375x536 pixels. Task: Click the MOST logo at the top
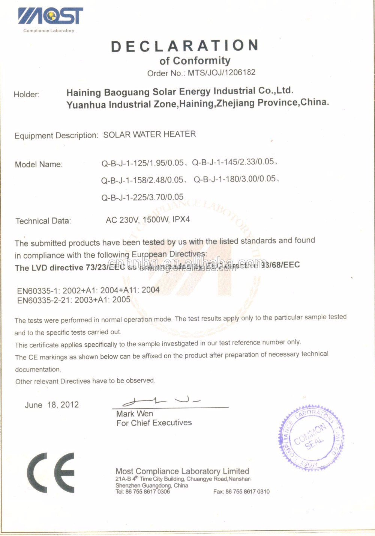coord(50,17)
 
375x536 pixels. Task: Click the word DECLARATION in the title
coord(184,46)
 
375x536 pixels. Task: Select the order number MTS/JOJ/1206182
coord(221,72)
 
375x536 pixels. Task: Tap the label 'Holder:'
coord(27,94)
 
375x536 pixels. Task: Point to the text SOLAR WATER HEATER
coord(149,134)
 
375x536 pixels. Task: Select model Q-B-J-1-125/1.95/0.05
coord(142,163)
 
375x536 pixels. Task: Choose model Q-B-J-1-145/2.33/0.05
coord(233,162)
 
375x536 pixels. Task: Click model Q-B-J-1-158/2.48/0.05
coord(142,180)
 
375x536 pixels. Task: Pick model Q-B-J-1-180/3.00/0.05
coord(235,179)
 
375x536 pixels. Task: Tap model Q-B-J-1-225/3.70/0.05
coord(142,197)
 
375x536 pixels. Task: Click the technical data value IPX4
coord(181,219)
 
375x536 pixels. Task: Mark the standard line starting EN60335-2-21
coord(74,300)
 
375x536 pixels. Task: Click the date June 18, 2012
coord(52,405)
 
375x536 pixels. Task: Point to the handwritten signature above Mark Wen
coord(161,401)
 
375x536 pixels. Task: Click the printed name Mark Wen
coord(135,414)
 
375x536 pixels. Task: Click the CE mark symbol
coord(51,473)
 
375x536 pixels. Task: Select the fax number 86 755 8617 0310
coord(247,492)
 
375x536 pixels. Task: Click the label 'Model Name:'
coord(39,165)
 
